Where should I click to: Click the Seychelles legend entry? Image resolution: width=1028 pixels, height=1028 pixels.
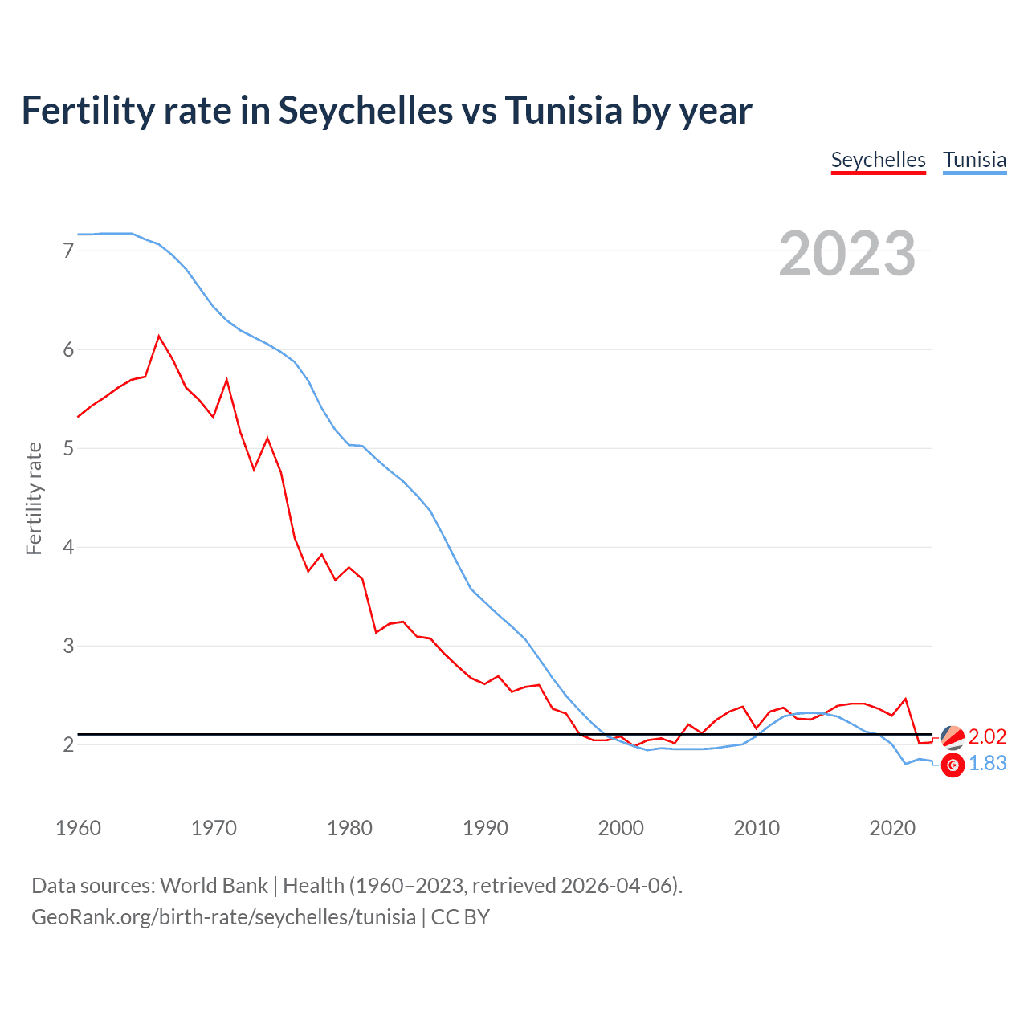click(878, 160)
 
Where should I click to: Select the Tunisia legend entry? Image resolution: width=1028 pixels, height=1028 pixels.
click(974, 160)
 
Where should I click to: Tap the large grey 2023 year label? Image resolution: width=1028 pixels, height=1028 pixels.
click(847, 254)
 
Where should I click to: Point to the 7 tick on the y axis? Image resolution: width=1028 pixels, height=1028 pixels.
click(68, 251)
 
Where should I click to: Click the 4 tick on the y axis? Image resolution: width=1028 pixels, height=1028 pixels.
click(68, 547)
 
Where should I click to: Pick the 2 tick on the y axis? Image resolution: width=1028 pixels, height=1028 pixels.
click(68, 744)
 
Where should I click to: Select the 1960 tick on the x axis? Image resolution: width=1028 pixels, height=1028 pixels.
click(78, 828)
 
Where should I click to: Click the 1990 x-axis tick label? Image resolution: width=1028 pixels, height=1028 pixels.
click(485, 828)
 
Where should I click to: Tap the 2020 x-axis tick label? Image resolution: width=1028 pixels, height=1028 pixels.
click(892, 828)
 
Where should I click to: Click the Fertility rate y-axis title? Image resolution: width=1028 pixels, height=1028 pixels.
click(34, 498)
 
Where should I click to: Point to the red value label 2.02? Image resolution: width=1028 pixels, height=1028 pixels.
click(987, 736)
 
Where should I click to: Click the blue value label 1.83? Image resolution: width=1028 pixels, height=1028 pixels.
click(987, 763)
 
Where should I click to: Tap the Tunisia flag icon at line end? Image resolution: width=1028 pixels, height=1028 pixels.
click(953, 765)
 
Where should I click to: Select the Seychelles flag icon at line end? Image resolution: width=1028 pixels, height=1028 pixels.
click(953, 736)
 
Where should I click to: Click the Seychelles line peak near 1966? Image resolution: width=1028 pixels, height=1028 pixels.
click(159, 336)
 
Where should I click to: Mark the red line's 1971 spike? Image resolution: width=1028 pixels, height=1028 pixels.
click(226, 379)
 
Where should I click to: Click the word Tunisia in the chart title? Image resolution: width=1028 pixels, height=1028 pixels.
click(563, 110)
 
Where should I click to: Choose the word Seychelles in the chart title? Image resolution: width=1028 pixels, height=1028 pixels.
click(365, 110)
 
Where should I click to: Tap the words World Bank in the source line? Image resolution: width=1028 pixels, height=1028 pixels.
click(214, 886)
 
